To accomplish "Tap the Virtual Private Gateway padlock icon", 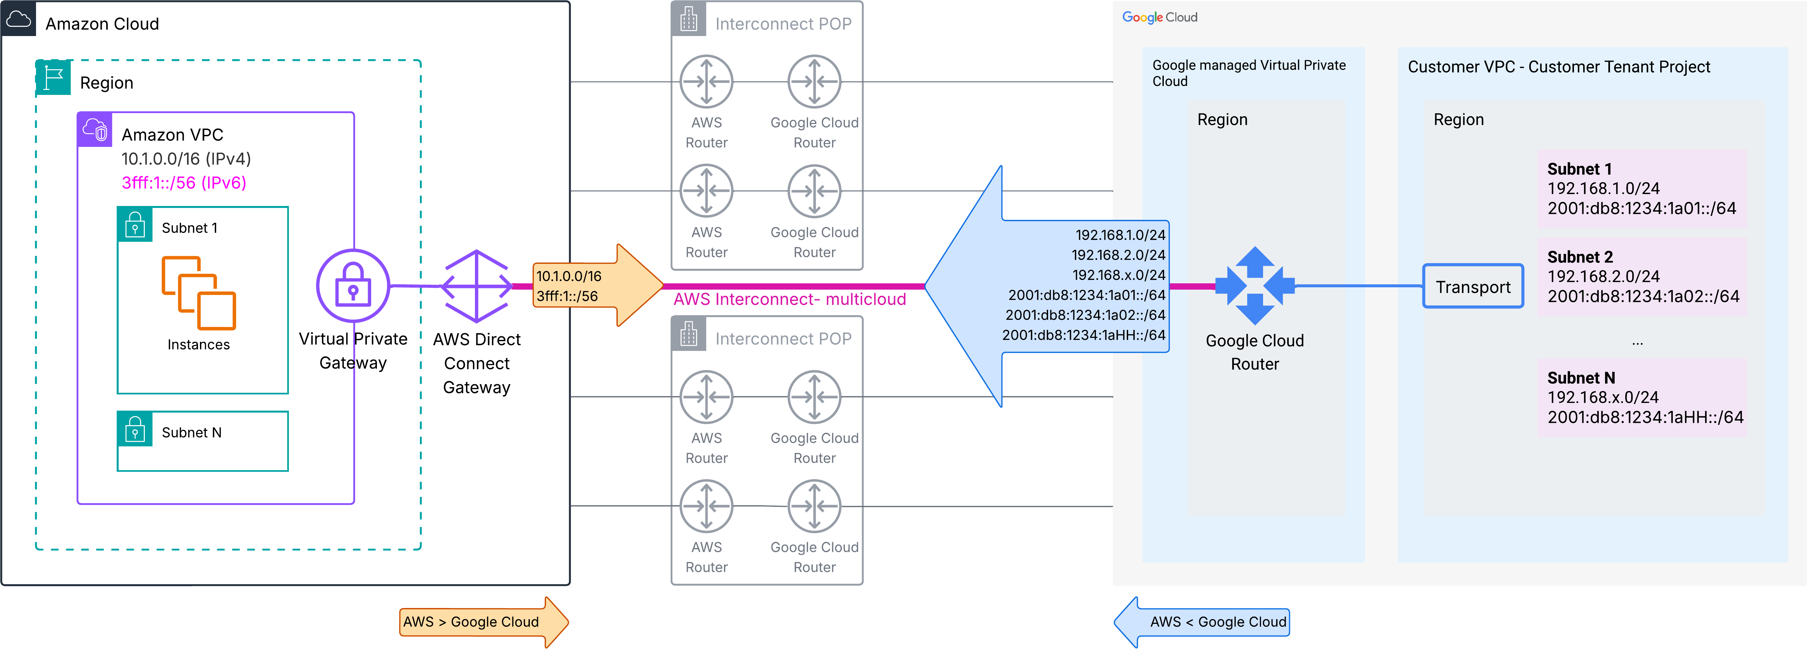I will coord(353,286).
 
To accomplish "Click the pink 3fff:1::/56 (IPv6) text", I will coord(184,183).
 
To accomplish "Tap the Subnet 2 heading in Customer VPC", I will coord(1580,257).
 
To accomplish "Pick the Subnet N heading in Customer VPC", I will coord(1581,378).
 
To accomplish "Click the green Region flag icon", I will coord(53,78).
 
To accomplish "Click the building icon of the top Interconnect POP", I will coord(688,19).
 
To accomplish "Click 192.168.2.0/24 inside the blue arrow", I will coord(1118,255).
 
